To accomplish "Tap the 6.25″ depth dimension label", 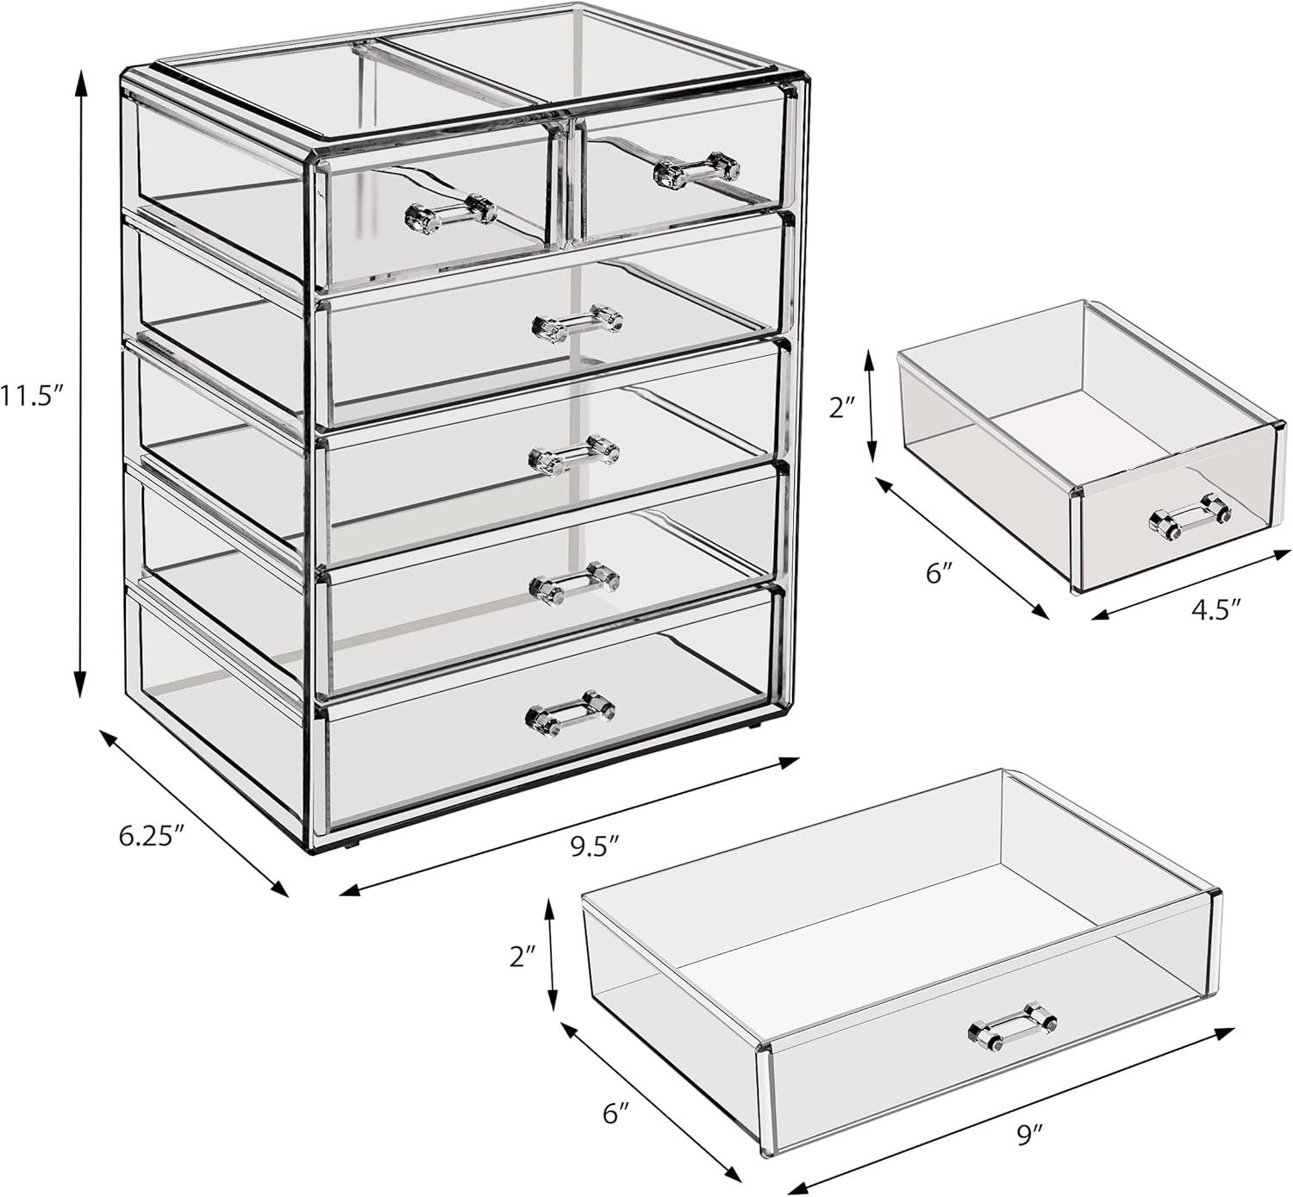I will pyautogui.click(x=152, y=835).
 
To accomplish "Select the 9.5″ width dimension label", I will pyautogui.click(x=596, y=846).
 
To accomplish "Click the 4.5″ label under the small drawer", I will pyautogui.click(x=1215, y=609).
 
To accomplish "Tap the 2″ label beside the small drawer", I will pyautogui.click(x=841, y=408).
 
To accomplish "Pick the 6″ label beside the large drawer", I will pyautogui.click(x=613, y=1113).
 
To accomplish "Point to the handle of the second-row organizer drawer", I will pyautogui.click(x=578, y=321).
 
